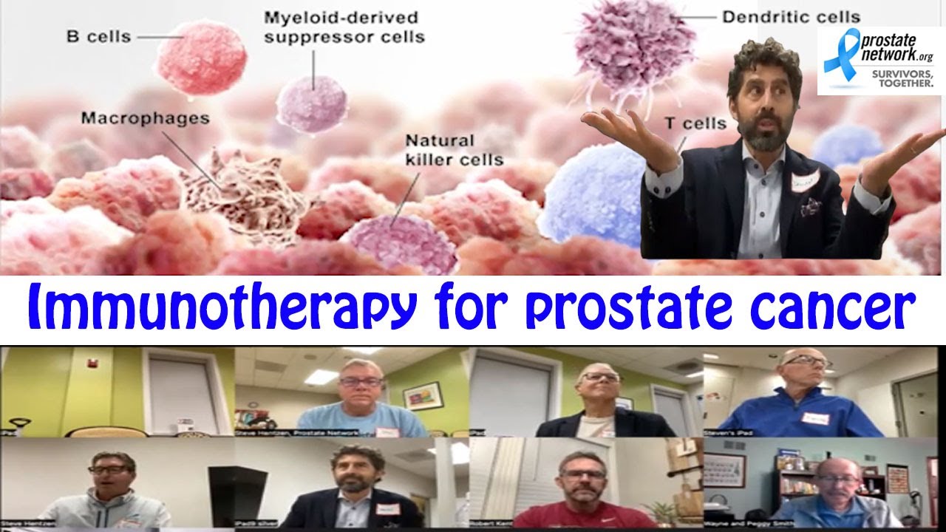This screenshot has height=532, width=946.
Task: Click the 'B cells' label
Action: (99, 36)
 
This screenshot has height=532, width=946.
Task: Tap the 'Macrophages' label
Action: (145, 118)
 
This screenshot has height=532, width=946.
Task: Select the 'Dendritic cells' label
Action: (791, 16)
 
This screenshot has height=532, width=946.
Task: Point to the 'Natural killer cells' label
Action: (454, 149)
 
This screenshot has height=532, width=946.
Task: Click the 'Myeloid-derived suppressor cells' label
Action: (344, 27)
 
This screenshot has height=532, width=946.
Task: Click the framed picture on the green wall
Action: (422, 396)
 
